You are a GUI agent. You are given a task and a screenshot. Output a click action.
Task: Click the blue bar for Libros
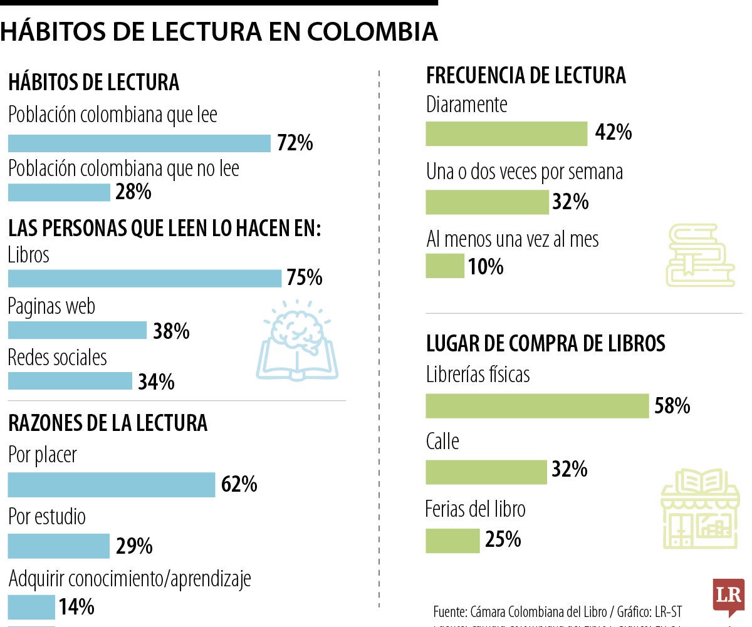pos(144,278)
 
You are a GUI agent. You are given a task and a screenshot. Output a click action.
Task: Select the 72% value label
pos(295,143)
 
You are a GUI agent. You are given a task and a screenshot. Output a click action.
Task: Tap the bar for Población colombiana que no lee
pos(58,192)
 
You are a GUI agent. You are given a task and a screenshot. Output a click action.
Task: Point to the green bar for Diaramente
pos(506,133)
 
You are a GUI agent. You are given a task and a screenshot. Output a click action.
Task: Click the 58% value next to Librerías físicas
pos(672,406)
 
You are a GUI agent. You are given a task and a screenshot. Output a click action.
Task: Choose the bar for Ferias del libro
pos(452,541)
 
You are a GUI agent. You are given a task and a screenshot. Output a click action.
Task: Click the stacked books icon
pos(699,256)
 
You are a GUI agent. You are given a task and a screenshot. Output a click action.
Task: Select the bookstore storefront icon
pos(699,509)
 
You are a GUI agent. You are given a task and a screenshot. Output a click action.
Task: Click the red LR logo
pos(728,594)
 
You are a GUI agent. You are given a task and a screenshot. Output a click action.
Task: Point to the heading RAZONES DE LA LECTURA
pos(107,423)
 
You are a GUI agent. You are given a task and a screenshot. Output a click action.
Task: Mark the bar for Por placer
pos(111,485)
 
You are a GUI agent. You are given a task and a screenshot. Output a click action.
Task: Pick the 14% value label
pos(76,606)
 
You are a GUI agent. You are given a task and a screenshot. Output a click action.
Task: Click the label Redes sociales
pos(57,358)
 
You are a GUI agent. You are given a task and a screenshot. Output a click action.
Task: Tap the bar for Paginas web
pos(76,330)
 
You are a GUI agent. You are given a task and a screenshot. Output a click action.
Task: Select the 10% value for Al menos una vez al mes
pos(485,267)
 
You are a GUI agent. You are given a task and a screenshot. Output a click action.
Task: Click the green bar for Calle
pos(486,472)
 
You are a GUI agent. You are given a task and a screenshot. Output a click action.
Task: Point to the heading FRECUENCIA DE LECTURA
pos(525,76)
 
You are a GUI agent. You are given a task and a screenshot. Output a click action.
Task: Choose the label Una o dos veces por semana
pos(524,172)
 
